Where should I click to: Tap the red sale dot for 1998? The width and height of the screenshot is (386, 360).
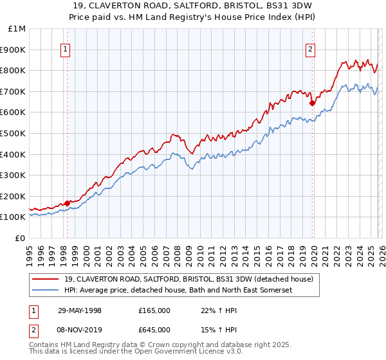67,203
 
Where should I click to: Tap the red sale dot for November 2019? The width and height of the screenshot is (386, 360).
312,103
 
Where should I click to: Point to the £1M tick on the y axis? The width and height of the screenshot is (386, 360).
17,29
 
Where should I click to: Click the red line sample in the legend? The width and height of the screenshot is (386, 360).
46,279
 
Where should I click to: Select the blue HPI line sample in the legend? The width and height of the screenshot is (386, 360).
46,291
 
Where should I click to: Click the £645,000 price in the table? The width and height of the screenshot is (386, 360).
154,330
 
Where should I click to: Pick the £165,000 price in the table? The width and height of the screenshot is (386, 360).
154,310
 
